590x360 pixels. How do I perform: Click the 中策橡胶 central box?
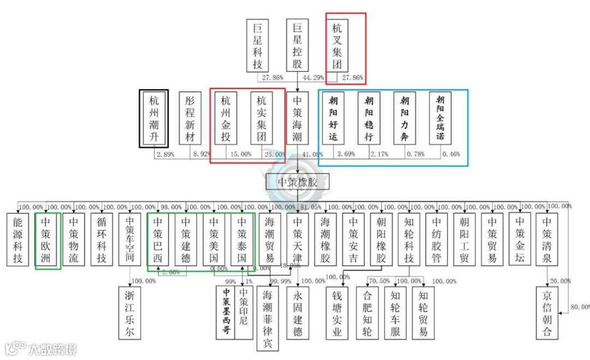tap(298, 182)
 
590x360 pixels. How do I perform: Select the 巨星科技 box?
tap(258, 46)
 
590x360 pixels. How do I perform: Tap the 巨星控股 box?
tap(298, 46)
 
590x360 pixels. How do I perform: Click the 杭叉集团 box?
tap(338, 46)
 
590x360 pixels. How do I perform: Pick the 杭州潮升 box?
tap(154, 118)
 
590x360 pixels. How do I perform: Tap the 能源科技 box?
tap(18, 239)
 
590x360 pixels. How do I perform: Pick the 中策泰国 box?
tap(242, 239)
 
